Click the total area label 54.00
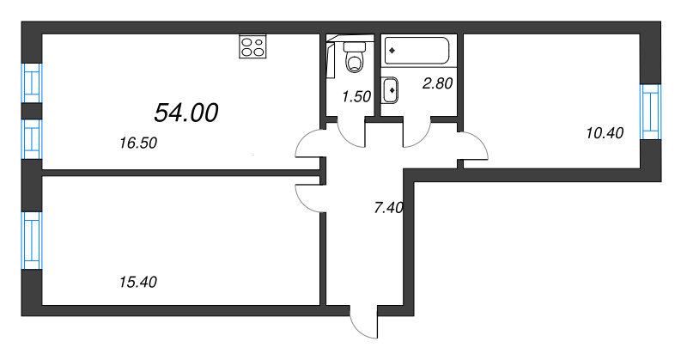186,112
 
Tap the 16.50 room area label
138,144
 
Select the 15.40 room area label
138,281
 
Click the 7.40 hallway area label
389,207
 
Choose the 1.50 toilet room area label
356,97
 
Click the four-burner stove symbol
252,46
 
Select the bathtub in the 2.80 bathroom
416,50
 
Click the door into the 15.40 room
309,197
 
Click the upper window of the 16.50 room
32,83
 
